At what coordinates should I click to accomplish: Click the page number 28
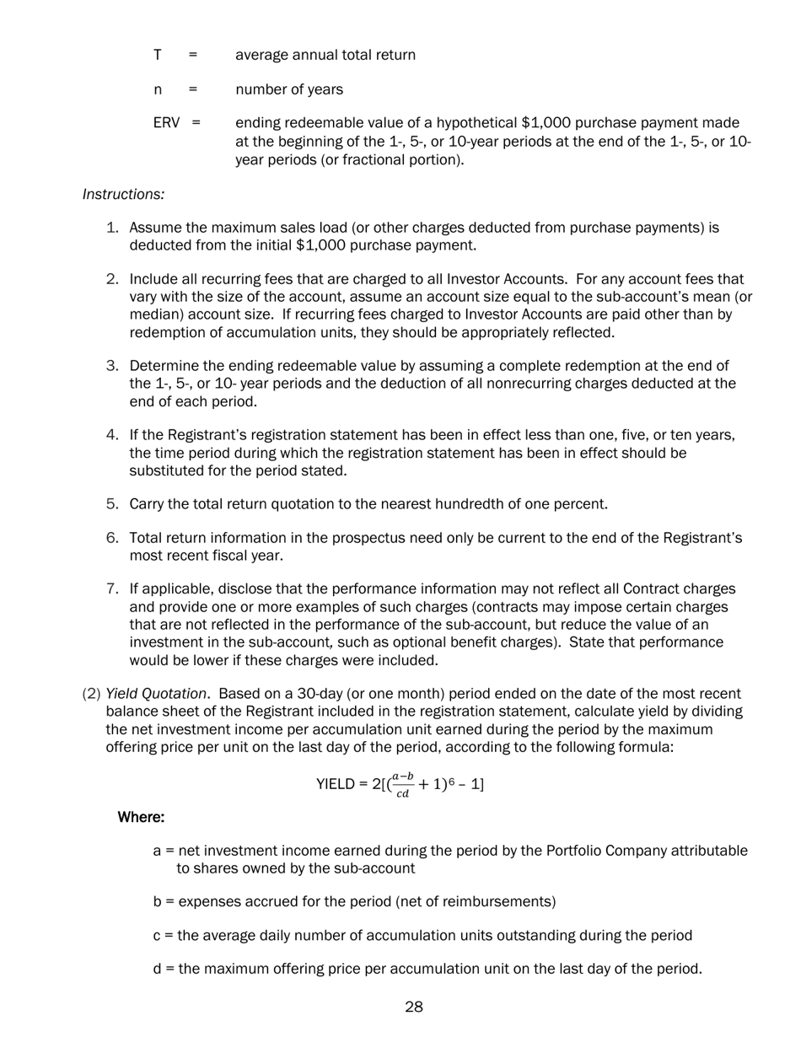pos(413,1007)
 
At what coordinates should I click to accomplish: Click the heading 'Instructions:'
pos(123,195)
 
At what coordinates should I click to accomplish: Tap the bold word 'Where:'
pos(141,818)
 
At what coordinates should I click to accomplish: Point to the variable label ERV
pos(166,123)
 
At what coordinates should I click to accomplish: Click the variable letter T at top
pos(158,56)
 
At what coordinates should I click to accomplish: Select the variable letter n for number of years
pos(158,89)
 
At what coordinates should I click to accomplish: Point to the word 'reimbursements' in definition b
pos(500,902)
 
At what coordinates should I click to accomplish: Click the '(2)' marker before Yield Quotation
pos(91,694)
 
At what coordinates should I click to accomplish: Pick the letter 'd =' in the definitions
pos(164,970)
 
